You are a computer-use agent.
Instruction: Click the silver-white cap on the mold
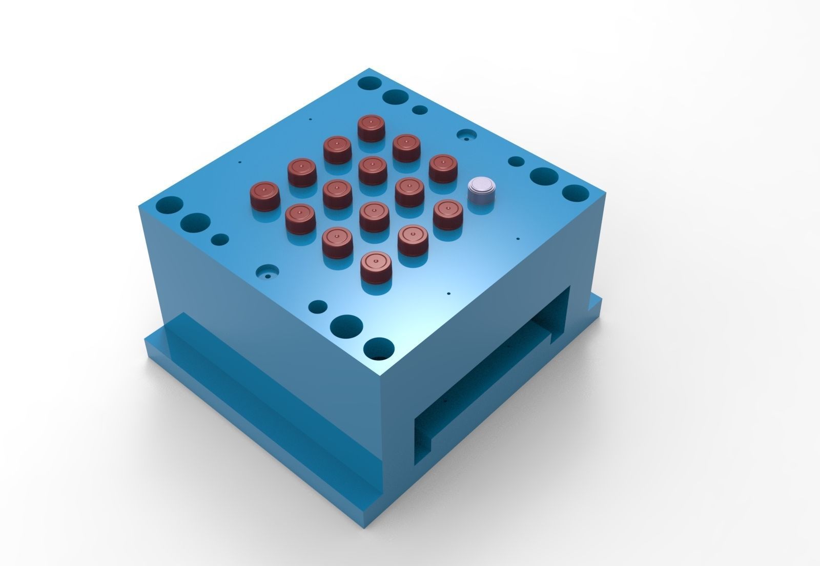[482, 191]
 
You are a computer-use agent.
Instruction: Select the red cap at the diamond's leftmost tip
[264, 196]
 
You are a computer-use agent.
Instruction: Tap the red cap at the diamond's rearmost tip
[371, 128]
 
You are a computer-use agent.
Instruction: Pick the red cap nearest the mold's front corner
[375, 267]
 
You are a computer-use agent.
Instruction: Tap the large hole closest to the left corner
[169, 205]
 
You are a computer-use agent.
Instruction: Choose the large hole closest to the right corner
[576, 193]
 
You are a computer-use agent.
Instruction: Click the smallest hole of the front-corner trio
[318, 306]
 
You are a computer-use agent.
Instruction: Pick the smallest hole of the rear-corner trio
[420, 110]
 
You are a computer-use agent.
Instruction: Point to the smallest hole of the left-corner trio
[220, 239]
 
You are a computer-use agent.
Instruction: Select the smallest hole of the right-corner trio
[515, 161]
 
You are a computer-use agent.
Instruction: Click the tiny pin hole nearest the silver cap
[518, 239]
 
